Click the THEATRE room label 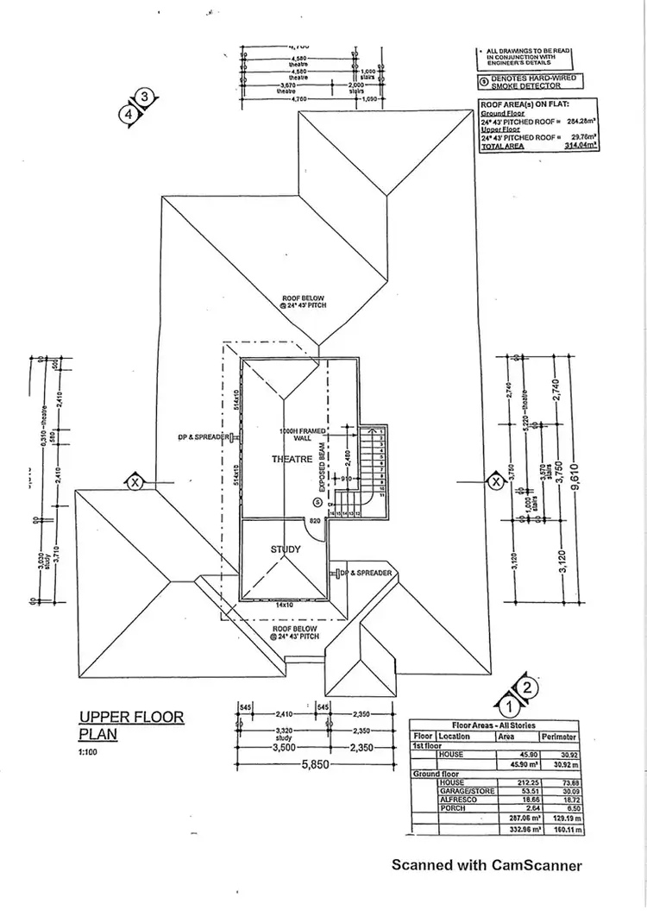[292, 459]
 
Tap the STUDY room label [285, 549]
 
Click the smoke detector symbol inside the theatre [317, 502]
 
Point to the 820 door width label [314, 522]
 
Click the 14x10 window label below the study [286, 605]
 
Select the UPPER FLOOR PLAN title [131, 725]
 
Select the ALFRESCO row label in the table [459, 799]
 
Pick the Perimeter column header [559, 737]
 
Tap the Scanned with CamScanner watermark [487, 865]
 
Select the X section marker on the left [135, 482]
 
